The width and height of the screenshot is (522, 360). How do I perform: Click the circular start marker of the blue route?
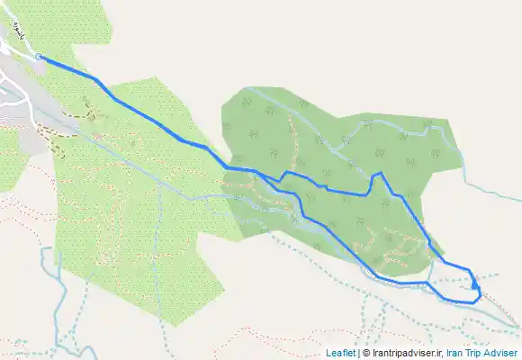point(40,57)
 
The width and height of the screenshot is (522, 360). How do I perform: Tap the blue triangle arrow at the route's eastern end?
point(474,285)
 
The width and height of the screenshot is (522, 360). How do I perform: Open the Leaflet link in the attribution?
point(340,353)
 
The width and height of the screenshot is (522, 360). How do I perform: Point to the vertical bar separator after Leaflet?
point(358,353)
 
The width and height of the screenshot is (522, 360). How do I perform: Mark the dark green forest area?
point(360,135)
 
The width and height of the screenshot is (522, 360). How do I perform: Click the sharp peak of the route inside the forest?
point(381,173)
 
